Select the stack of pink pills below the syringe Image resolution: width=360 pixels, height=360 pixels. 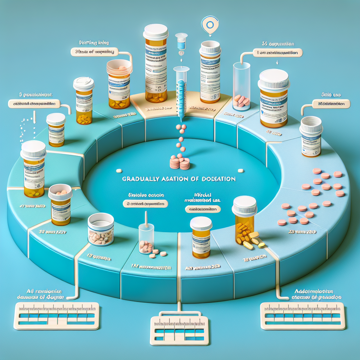coord(180,162)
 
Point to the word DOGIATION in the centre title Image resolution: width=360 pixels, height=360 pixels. coord(218,179)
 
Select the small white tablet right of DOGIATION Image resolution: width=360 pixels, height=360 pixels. coord(240,171)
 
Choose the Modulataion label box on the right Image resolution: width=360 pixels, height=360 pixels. coord(331,104)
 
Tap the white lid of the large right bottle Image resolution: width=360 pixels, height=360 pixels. coord(274,79)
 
